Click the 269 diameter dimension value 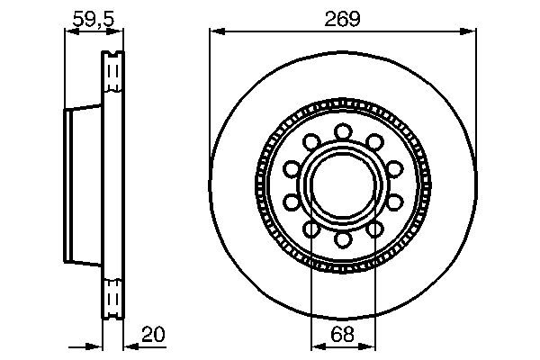pos(342,19)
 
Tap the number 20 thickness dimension pos(154,336)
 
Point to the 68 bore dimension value pos(342,335)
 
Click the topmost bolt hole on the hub pos(342,132)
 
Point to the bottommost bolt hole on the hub pos(342,239)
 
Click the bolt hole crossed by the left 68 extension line pos(311,230)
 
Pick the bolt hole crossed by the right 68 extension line pos(373,230)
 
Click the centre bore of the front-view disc pos(342,186)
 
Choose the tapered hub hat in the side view pos(83,186)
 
